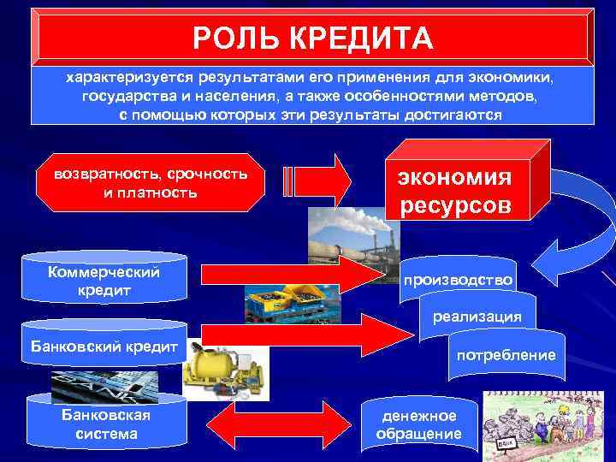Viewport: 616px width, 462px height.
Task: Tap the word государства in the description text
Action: pyautogui.click(x=138, y=96)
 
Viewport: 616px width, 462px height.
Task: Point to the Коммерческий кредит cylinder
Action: pyautogui.click(x=105, y=279)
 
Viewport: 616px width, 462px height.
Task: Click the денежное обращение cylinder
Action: pyautogui.click(x=419, y=424)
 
